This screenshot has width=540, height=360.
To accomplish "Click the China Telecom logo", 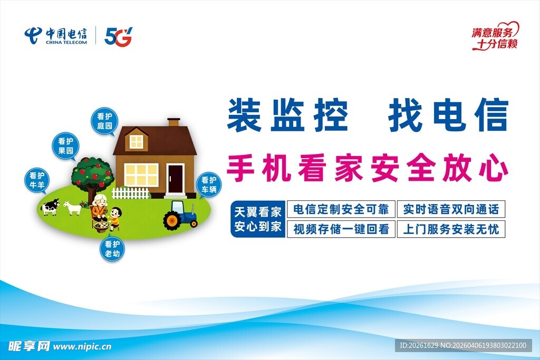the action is click(56, 36).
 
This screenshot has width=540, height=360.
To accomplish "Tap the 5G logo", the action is click(118, 36).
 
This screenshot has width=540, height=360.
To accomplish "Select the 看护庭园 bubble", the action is click(104, 121).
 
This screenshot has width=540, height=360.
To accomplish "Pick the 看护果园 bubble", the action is click(65, 147).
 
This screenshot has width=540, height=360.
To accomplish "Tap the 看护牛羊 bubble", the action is click(37, 181).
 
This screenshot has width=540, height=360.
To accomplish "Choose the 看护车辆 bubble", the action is click(209, 185).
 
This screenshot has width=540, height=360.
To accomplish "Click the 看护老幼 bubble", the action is click(112, 249).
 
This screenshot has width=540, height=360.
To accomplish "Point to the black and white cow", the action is click(50, 207).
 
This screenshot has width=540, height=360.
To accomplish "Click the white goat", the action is click(73, 208).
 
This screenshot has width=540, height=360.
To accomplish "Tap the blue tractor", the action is click(180, 216).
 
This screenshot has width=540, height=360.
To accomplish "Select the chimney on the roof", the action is click(173, 122).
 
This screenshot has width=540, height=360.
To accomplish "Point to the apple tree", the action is click(92, 177).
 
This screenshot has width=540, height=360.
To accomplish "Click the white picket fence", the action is click(131, 193).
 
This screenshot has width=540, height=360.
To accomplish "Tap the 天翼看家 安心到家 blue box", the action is click(258, 219).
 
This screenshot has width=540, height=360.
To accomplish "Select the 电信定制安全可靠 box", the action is click(341, 209).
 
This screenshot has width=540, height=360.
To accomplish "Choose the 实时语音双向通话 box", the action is click(451, 209).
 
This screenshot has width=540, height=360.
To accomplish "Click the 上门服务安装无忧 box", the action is click(451, 229).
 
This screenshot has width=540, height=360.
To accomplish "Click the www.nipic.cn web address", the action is click(82, 347).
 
